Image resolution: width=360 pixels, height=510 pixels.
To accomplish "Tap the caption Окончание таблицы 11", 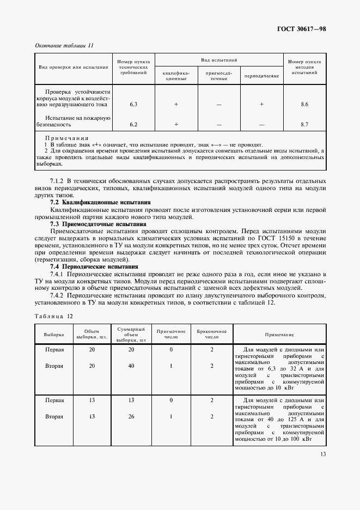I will (x=64, y=45).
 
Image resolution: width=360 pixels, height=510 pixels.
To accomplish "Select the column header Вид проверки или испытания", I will (x=72, y=67).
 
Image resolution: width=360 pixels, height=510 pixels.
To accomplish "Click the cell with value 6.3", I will (x=133, y=104).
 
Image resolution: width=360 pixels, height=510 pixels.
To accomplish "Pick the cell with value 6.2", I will (x=133, y=124).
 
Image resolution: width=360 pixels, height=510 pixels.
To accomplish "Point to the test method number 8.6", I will (x=304, y=104).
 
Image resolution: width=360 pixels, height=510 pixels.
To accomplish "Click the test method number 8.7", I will (x=304, y=124).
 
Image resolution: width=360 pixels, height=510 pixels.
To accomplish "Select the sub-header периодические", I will (x=261, y=76).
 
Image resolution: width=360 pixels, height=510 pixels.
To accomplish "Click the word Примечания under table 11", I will (x=66, y=138).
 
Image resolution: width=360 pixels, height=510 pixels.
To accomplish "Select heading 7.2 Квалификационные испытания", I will (x=100, y=202).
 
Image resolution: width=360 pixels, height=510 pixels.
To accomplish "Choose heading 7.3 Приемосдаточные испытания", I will (x=98, y=223).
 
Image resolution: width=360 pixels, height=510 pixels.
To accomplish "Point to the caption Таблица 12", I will (x=53, y=316).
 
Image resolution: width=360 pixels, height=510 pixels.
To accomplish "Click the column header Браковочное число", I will (x=212, y=333).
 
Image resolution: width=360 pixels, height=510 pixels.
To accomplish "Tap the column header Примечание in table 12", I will (x=279, y=334).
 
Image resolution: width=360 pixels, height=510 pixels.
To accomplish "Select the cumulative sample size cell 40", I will (x=131, y=366).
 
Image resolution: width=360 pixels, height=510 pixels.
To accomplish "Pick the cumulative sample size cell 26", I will (x=131, y=417).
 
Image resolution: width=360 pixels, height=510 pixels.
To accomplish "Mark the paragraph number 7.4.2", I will (x=59, y=295).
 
